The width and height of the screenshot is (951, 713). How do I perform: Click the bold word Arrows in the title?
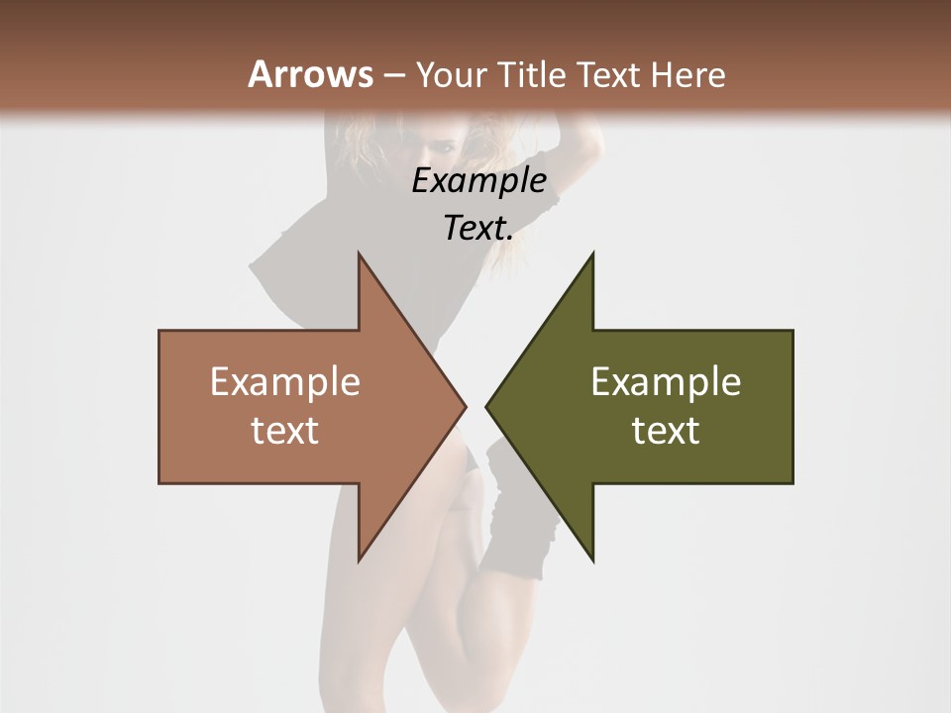tap(311, 74)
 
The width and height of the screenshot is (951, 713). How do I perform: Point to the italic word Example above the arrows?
tap(478, 180)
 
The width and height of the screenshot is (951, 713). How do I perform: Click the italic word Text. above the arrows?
tap(478, 228)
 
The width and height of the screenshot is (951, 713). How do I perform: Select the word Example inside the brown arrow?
tap(285, 381)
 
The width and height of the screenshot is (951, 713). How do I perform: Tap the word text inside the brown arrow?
tap(285, 430)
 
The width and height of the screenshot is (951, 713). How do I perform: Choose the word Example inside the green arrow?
tap(666, 381)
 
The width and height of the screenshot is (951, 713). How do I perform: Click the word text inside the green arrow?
tap(666, 430)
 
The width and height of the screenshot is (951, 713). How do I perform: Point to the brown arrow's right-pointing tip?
tap(465, 406)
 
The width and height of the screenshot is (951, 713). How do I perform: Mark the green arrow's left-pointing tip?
tap(486, 406)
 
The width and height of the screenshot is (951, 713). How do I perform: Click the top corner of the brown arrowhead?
tap(359, 255)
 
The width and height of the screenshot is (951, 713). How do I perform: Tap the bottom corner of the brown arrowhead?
tap(359, 560)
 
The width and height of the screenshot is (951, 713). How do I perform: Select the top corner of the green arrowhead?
tap(592, 255)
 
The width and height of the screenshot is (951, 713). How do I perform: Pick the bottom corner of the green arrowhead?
tap(592, 560)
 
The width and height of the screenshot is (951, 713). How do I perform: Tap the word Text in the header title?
tap(608, 74)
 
